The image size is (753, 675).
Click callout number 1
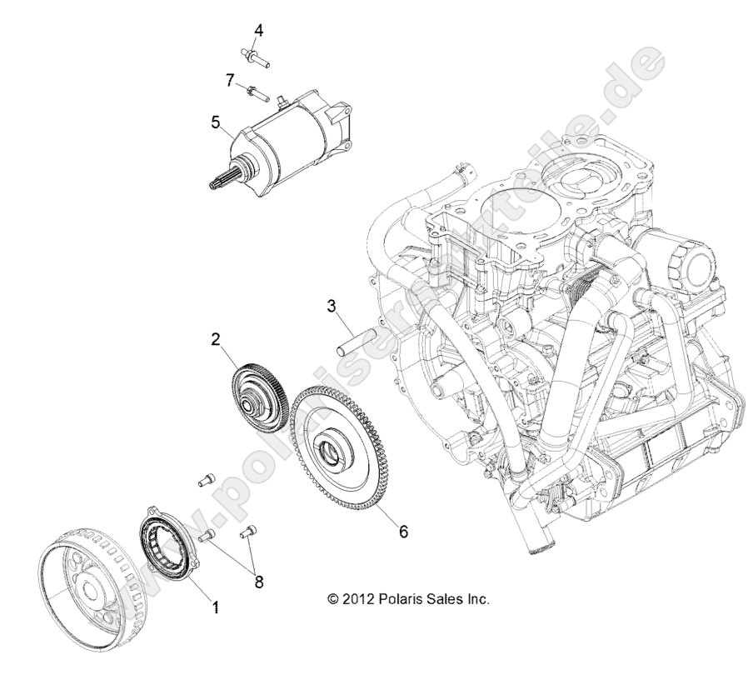coord(217,608)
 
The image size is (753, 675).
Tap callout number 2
coord(192,339)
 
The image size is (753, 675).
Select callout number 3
coord(332,306)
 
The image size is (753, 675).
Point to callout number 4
coord(259,31)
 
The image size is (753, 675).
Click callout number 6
coord(403,531)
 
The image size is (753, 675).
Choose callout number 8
coord(259,582)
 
